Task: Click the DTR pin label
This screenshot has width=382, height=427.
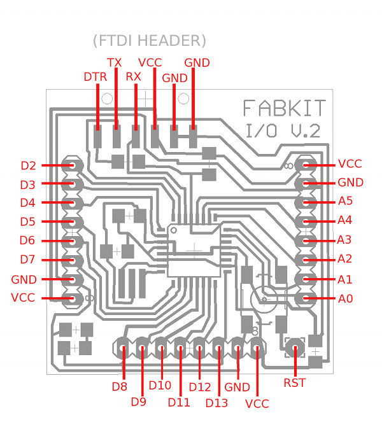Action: coord(95,77)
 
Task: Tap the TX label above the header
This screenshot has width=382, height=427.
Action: coord(114,62)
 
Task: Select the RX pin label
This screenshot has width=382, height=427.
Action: coord(133,77)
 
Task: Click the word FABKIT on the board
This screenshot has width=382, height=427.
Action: coord(285,108)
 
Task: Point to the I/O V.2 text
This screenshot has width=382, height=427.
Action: coord(283,131)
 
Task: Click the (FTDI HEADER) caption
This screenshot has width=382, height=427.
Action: coord(149,41)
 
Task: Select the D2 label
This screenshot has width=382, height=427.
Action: coord(28,166)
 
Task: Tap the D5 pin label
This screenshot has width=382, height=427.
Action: coord(28,222)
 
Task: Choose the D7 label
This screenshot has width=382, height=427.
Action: coord(28,260)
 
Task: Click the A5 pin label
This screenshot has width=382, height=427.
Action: coord(346,201)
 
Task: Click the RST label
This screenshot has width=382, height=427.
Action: coord(295,383)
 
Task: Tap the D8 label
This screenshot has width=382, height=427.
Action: coord(120,386)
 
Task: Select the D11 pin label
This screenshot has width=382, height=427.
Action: coord(179,402)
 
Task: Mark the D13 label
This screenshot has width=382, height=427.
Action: coord(216,402)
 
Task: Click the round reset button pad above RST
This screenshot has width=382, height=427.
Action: coord(295,347)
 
